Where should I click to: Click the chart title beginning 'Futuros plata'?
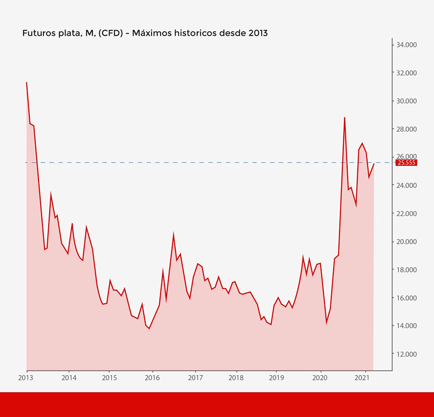(x=145, y=33)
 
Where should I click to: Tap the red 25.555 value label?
(x=406, y=163)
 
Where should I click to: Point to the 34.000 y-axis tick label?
(x=407, y=45)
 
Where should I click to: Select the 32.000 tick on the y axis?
(x=407, y=73)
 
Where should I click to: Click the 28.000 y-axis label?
(x=407, y=129)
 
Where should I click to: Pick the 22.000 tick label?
(x=407, y=214)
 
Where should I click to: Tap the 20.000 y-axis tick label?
(x=407, y=242)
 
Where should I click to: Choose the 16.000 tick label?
(x=407, y=298)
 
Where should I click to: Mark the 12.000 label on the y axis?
(x=407, y=354)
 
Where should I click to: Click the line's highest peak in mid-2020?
(x=344, y=118)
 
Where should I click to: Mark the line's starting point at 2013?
(x=27, y=82)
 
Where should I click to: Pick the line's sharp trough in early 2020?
(x=326, y=323)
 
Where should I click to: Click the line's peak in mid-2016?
(x=174, y=234)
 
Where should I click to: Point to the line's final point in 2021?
(x=374, y=164)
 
